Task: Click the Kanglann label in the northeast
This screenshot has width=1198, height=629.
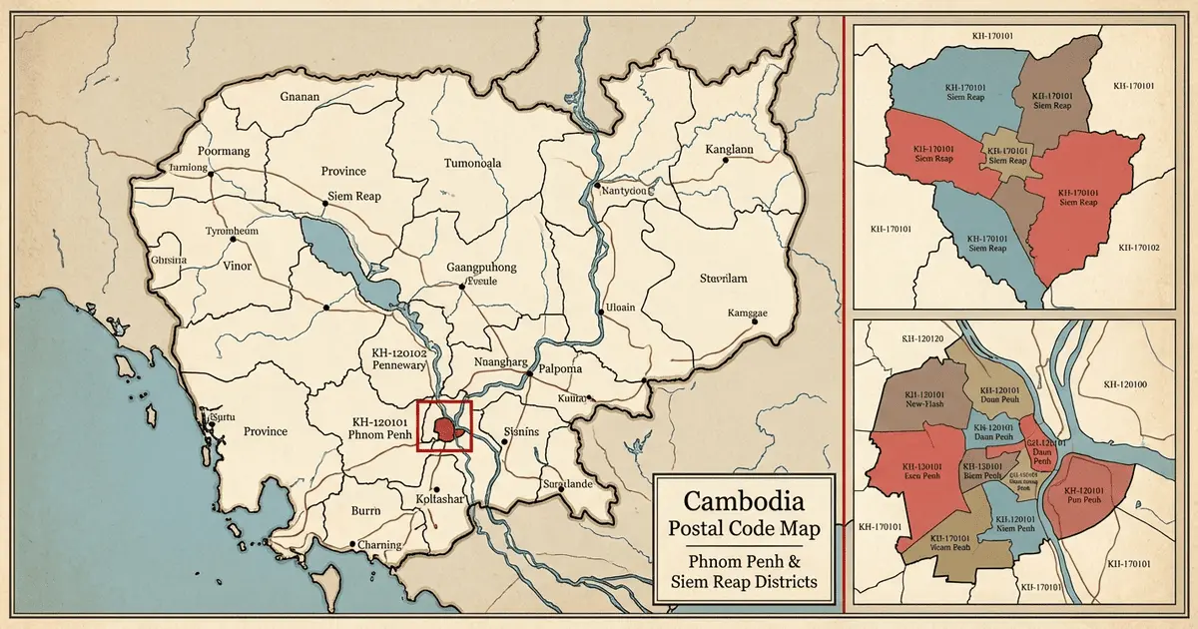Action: tap(716, 150)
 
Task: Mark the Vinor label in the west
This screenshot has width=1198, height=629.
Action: tap(237, 267)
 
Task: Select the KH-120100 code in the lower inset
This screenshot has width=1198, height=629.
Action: tap(1125, 384)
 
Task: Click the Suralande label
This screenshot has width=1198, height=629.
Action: tap(567, 483)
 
